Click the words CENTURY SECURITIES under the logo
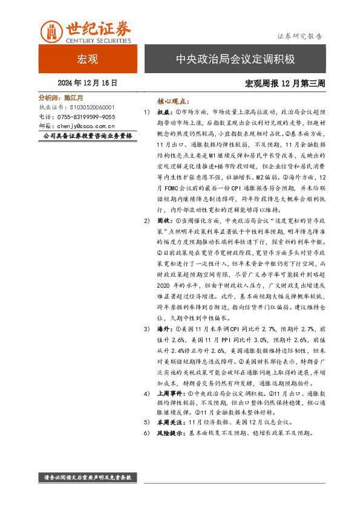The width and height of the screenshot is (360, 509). tap(98, 41)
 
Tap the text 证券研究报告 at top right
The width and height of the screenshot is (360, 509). tap(299, 36)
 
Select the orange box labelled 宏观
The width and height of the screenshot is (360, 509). tap(88, 59)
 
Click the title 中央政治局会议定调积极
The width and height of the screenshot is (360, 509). tap(235, 59)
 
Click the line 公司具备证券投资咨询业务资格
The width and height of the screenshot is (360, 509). tap(88, 137)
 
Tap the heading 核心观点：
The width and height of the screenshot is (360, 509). tap(173, 102)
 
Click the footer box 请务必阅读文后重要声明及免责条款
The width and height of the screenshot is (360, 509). tap(88, 478)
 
